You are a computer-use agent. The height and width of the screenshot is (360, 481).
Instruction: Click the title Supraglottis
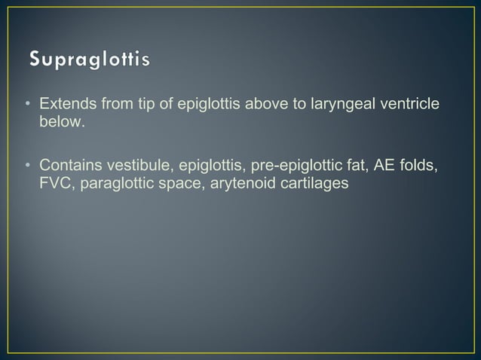(x=90, y=59)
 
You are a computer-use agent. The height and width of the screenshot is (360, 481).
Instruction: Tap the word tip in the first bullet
(x=147, y=103)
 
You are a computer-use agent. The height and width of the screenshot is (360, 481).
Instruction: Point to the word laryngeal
(x=345, y=104)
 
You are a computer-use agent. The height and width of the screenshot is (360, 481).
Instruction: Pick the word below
(x=60, y=121)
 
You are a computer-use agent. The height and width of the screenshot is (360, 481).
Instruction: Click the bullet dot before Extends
(x=27, y=104)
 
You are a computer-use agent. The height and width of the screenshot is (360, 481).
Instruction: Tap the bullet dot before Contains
(x=27, y=165)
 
